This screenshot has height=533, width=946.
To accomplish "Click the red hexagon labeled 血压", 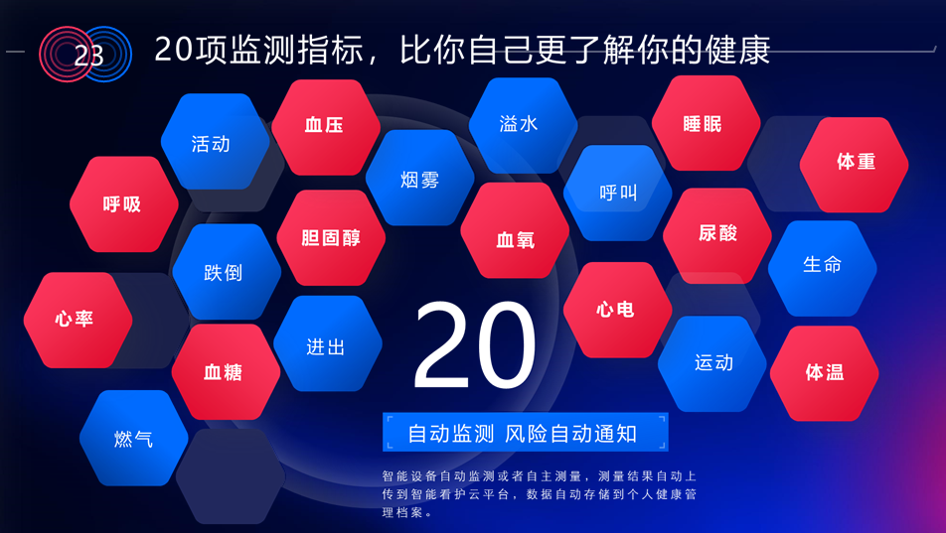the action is pyautogui.click(x=326, y=127).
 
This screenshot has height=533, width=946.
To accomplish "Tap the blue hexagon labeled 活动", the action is pyautogui.click(x=216, y=142).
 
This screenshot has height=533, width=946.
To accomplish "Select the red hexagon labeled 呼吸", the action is pyautogui.click(x=123, y=204).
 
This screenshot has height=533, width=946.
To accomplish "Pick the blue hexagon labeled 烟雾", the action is pyautogui.click(x=420, y=178).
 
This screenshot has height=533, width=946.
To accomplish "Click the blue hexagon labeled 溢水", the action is pyautogui.click(x=523, y=125).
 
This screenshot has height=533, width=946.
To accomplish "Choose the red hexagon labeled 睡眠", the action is pyautogui.click(x=706, y=123).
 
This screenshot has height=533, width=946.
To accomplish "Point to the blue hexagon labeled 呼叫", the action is pyautogui.click(x=618, y=193).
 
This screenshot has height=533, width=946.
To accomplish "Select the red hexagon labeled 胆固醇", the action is pyautogui.click(x=331, y=237).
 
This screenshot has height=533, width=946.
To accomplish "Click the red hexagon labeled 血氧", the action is pyautogui.click(x=515, y=230).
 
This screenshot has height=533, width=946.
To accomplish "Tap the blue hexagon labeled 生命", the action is pyautogui.click(x=823, y=268).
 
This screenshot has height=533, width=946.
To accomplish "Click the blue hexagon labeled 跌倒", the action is pyautogui.click(x=227, y=272).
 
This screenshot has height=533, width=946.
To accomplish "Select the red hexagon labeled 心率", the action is pyautogui.click(x=78, y=321).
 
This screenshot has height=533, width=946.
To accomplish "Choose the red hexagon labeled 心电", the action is pyautogui.click(x=618, y=310).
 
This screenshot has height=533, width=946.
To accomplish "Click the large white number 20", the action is pyautogui.click(x=475, y=344).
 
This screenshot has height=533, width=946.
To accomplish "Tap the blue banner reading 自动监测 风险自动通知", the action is pyautogui.click(x=526, y=433).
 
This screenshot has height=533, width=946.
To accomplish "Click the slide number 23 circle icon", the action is pyautogui.click(x=85, y=55).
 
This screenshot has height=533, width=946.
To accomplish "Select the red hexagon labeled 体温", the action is pyautogui.click(x=824, y=374).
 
